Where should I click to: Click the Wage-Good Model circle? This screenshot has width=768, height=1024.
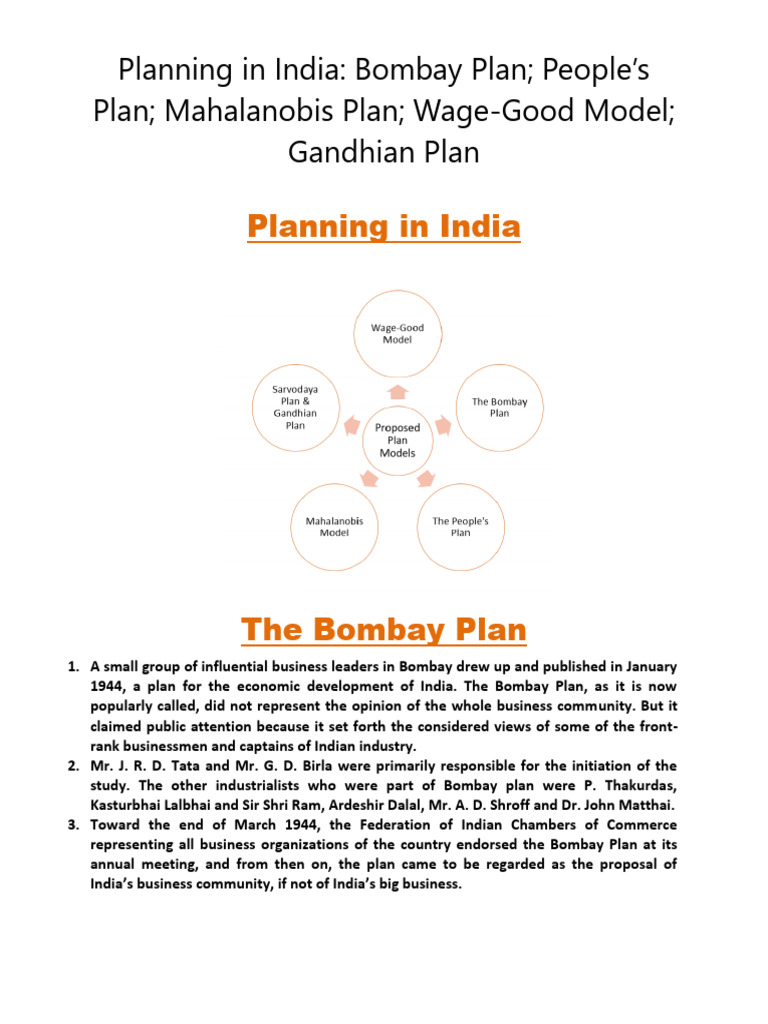pyautogui.click(x=396, y=334)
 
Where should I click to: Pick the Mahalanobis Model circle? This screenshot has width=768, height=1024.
pyautogui.click(x=333, y=527)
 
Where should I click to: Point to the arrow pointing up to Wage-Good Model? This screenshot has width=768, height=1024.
pyautogui.click(x=397, y=390)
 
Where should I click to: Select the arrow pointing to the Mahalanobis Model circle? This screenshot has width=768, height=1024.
pyautogui.click(x=368, y=480)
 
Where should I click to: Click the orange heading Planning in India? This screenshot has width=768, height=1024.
pyautogui.click(x=384, y=227)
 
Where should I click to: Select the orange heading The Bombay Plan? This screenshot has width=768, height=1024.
pyautogui.click(x=384, y=630)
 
